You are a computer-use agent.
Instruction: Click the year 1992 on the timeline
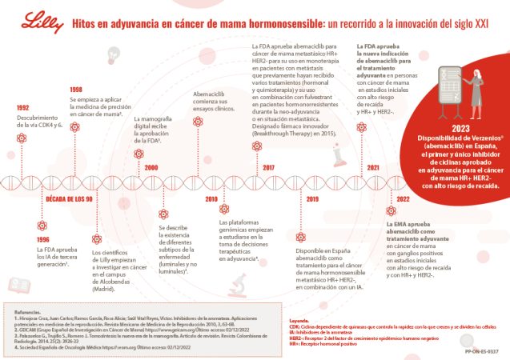[x=22, y=107]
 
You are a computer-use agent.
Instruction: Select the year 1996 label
[x=42, y=238]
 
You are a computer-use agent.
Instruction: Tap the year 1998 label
[x=76, y=90]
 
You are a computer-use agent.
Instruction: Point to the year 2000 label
[x=151, y=166]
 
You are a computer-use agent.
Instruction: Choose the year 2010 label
[x=211, y=198]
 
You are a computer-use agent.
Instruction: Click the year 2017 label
[x=268, y=167]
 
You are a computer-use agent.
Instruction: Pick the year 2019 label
[x=312, y=198]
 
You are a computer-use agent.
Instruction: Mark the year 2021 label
[x=373, y=167]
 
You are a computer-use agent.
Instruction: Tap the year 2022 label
[x=403, y=198]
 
